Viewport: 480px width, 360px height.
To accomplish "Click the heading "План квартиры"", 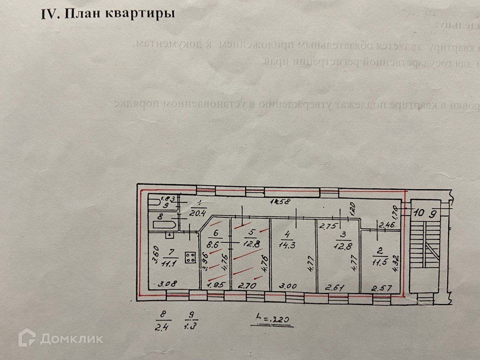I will click(x=108, y=14).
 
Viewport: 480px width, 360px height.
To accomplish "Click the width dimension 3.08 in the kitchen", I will click(x=168, y=284).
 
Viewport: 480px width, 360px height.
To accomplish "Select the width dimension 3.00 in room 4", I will click(x=288, y=286).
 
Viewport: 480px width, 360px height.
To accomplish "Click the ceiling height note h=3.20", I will click(x=271, y=319).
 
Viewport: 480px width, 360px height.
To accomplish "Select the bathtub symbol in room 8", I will click(x=164, y=225).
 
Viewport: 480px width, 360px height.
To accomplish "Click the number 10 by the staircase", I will click(x=420, y=213).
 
